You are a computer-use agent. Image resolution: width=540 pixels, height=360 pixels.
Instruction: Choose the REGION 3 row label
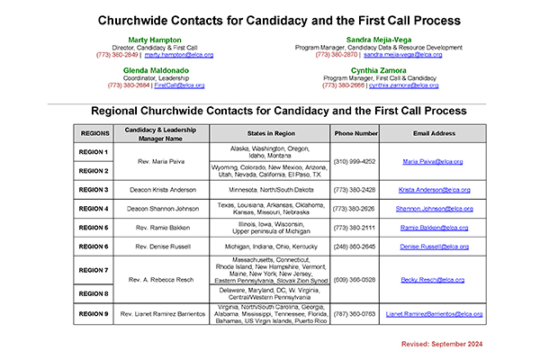click(x=94, y=190)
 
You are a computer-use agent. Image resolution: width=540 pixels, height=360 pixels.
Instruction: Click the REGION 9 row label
click(x=94, y=314)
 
